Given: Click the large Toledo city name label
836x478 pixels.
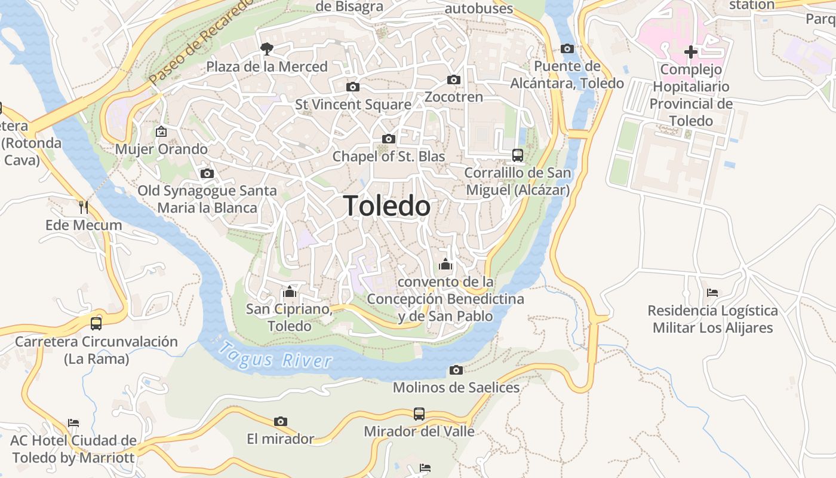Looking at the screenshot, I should click(386, 206).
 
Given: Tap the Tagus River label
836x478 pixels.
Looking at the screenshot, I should click(275, 356).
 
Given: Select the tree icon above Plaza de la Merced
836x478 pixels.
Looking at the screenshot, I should click(267, 48).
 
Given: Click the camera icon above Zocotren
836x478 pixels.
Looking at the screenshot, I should click(454, 79).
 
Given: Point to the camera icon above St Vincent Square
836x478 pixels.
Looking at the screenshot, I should click(353, 87).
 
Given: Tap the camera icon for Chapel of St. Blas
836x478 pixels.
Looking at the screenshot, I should click(389, 139).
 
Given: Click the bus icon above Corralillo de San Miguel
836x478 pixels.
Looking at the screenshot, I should click(518, 155).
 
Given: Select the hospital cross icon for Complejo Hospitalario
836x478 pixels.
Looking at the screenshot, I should click(691, 52).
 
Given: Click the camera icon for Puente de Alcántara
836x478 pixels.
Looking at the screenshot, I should click(567, 48).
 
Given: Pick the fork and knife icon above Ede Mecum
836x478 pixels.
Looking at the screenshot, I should click(84, 207).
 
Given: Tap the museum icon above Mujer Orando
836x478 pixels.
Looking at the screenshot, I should click(161, 131).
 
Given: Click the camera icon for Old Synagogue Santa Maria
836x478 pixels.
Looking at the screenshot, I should click(207, 173).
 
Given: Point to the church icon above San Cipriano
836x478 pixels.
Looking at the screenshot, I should click(290, 292).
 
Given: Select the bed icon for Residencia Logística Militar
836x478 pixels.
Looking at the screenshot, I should click(712, 293).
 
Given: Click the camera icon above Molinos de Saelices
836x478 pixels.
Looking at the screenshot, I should click(456, 370).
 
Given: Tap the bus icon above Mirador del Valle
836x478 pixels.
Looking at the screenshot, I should click(419, 413).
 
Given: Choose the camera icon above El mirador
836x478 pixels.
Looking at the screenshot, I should click(281, 421).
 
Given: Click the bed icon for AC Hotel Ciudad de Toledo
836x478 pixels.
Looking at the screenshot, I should click(73, 423).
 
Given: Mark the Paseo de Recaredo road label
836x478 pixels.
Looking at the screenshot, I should click(201, 45).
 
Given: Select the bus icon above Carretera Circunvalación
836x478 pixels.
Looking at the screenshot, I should click(96, 324).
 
